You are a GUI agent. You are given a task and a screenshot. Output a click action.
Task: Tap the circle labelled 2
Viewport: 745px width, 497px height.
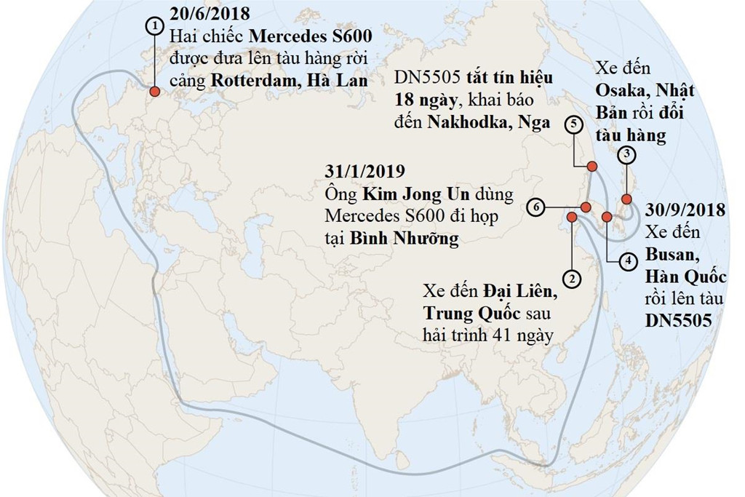(573, 277)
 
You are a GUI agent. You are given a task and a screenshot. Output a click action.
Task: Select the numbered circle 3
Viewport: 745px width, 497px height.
(626, 155)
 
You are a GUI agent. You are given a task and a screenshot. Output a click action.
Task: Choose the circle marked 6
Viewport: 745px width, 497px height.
(536, 207)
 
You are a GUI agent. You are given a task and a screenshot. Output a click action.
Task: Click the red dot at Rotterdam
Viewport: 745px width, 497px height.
(154, 92)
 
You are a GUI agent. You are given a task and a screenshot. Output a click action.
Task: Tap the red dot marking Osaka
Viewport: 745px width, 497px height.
(627, 199)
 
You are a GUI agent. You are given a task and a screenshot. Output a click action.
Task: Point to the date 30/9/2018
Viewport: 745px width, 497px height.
(685, 211)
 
